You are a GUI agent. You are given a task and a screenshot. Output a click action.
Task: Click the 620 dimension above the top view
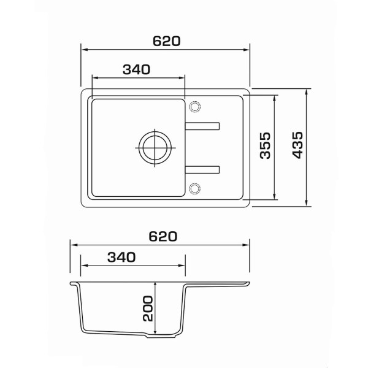click(166, 41)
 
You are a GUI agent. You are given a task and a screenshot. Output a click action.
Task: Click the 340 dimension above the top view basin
click(136, 69)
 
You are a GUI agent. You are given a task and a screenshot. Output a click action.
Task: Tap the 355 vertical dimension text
click(266, 145)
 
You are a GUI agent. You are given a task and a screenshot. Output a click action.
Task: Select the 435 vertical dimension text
click(298, 145)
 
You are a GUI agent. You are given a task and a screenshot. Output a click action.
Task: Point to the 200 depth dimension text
click(148, 308)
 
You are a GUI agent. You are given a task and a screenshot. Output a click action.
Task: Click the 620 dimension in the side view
click(163, 237)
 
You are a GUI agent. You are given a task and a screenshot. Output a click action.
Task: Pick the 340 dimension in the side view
click(121, 257)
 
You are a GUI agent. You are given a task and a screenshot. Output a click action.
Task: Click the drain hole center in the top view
click(155, 148)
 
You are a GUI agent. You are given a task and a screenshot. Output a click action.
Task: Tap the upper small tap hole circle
click(194, 107)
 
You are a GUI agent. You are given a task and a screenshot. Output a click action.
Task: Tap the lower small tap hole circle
click(194, 188)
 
